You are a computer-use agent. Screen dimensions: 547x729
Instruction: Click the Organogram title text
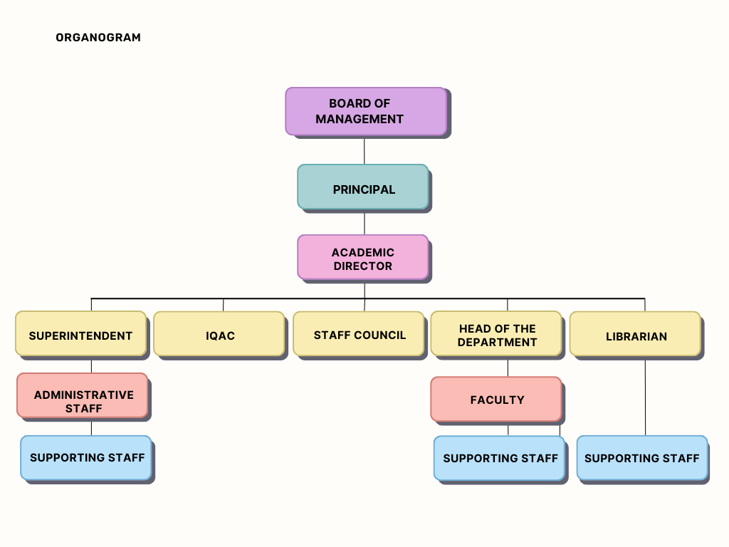[98, 38]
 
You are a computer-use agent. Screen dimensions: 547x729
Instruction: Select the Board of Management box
[366, 111]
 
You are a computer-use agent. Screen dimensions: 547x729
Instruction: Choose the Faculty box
[496, 399]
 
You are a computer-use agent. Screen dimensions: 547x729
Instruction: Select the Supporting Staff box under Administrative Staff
[86, 458]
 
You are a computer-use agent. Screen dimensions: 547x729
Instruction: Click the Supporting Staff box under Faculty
[499, 458]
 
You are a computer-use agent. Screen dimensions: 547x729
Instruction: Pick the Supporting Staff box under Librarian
[642, 458]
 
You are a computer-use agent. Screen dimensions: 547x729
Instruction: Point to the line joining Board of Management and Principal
[364, 150]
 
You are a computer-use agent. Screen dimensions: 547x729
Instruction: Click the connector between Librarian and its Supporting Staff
[646, 396]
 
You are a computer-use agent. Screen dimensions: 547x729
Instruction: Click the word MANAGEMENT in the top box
[360, 120]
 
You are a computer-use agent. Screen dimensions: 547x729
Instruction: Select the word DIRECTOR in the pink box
[363, 266]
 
